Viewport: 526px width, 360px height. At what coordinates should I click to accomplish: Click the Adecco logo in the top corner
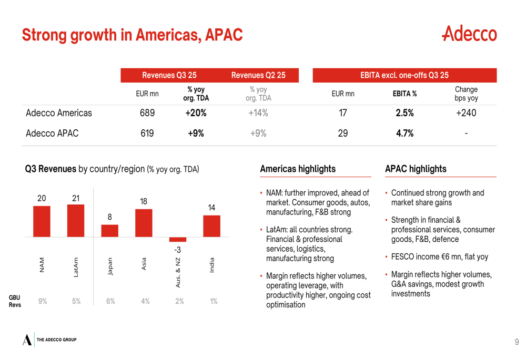(x=469, y=34)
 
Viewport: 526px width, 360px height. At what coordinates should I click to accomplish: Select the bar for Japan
(x=110, y=231)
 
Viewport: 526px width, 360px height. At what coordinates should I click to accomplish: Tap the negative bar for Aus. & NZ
(x=178, y=239)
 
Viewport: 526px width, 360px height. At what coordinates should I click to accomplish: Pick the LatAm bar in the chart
(x=76, y=221)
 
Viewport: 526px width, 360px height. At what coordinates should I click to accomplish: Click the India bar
(x=211, y=226)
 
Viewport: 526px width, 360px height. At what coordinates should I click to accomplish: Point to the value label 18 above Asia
(x=144, y=201)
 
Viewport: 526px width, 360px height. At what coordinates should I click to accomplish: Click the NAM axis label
(x=42, y=264)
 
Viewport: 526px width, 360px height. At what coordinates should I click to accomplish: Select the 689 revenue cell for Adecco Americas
(x=147, y=113)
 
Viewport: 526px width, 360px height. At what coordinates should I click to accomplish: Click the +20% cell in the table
(x=196, y=113)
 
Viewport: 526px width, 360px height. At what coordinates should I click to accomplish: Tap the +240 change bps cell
(x=466, y=113)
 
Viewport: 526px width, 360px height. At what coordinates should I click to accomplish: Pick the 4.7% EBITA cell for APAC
(x=404, y=133)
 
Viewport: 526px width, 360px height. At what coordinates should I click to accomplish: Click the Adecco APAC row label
(x=52, y=133)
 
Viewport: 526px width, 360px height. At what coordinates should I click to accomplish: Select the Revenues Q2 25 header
(x=258, y=75)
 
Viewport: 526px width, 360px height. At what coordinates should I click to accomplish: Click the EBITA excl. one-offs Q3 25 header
(x=404, y=75)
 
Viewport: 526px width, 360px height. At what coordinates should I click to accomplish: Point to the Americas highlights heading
(x=298, y=169)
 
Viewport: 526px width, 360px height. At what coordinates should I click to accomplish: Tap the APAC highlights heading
(x=416, y=169)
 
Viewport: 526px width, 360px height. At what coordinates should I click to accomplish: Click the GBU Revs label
(x=15, y=301)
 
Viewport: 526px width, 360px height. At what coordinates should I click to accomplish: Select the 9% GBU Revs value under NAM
(x=43, y=301)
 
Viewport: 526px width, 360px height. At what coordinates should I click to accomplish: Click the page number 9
(x=517, y=342)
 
